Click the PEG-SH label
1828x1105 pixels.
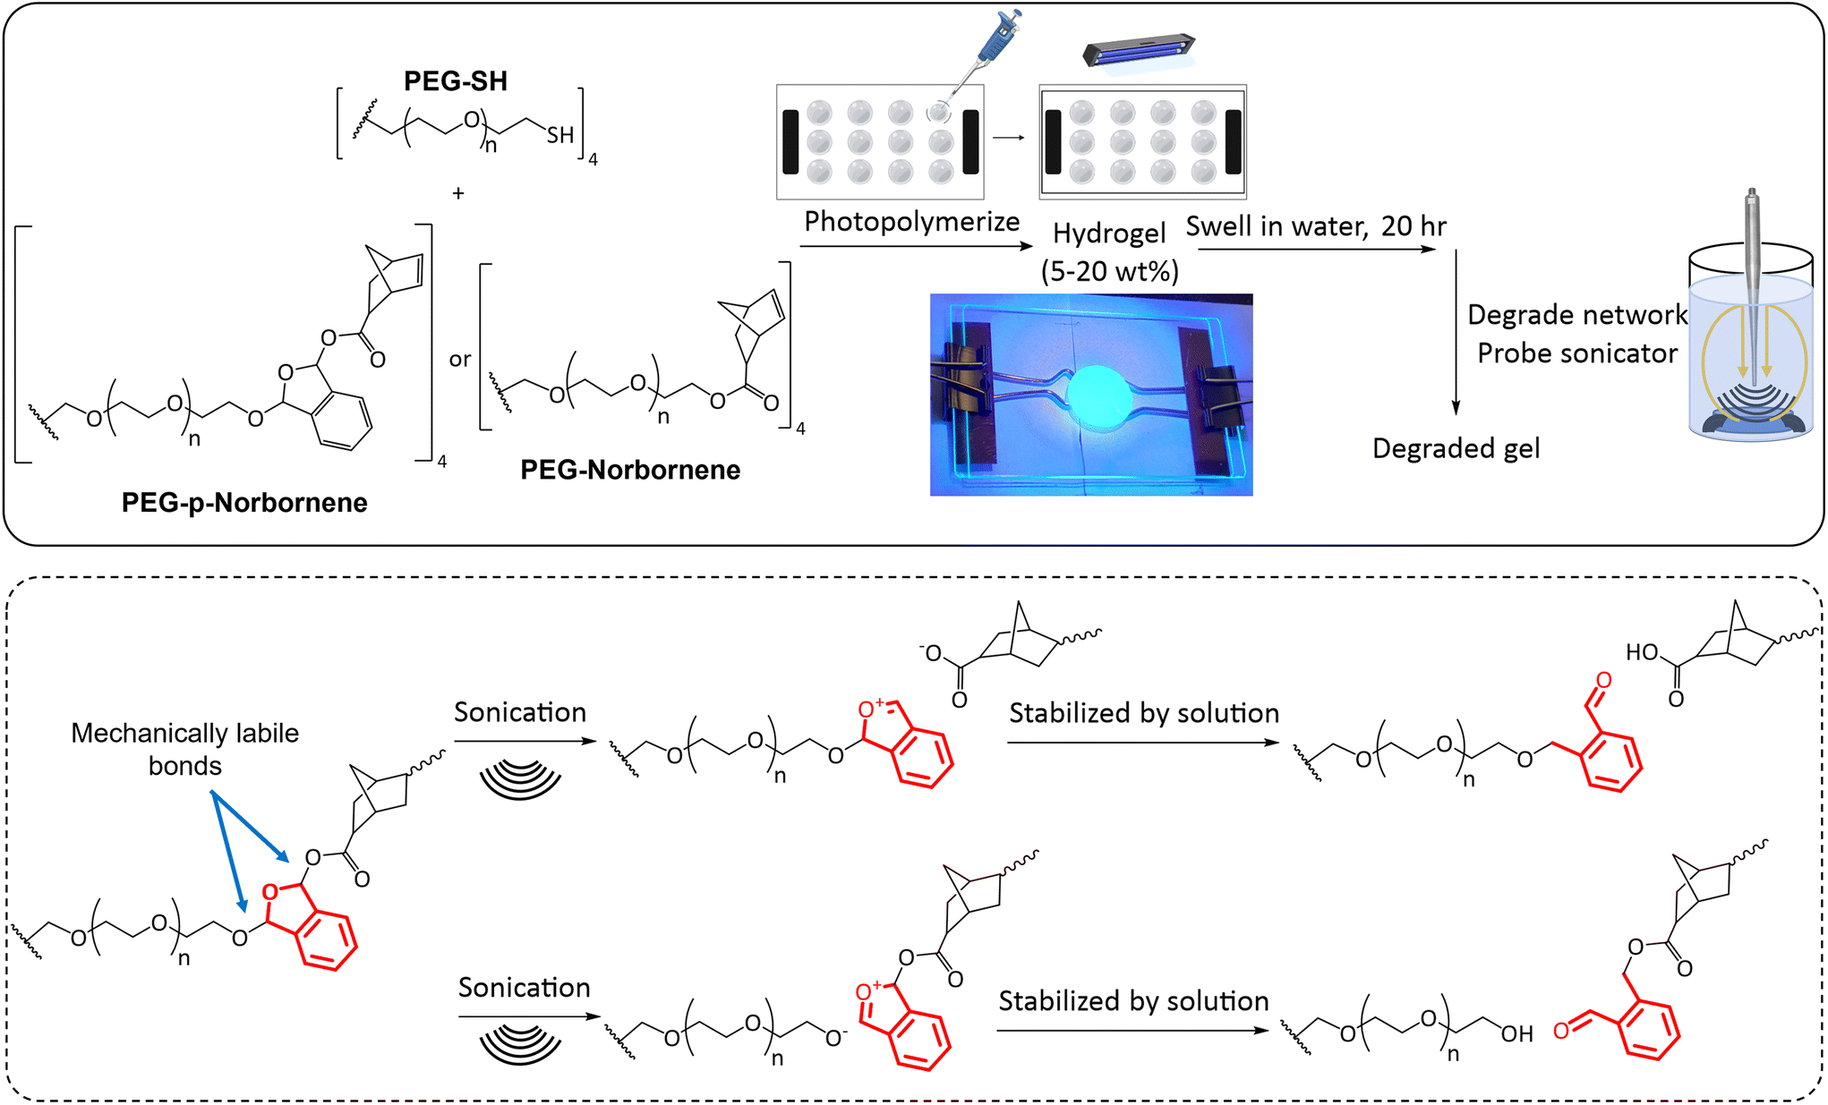coord(455,81)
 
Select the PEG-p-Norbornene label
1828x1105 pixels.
coord(244,503)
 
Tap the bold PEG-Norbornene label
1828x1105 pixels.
coord(630,470)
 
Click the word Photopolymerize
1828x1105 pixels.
coord(911,221)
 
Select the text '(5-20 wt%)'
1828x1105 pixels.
coord(1109,270)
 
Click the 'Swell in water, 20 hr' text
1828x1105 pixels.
coord(1315,226)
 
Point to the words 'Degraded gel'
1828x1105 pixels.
coord(1456,448)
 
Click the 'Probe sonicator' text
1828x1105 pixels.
coord(1577,353)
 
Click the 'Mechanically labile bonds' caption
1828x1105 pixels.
coord(184,750)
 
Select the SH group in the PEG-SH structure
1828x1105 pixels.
coord(560,135)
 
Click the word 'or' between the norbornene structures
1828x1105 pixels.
coord(460,360)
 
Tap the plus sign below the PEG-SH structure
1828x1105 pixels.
coord(458,193)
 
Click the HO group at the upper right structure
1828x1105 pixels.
coord(1642,652)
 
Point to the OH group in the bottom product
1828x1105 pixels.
coord(1517,1035)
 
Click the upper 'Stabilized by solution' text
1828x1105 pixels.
coord(1144,713)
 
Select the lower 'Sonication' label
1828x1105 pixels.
coord(525,988)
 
